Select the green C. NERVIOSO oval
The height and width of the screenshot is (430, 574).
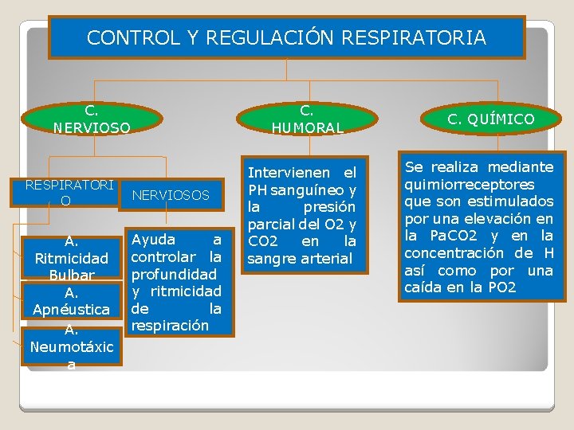pos(92,119)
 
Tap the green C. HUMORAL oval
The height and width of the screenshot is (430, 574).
pos(307,119)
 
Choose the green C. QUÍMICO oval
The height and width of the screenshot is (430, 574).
pos(491,119)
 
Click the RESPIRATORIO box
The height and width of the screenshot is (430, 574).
pos(69,193)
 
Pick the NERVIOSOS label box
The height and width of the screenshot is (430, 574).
pos(171,195)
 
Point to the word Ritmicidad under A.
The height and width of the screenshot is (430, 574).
pos(71,258)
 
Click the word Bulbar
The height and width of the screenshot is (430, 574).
pos(71,276)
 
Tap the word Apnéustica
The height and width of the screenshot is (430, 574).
pos(71,309)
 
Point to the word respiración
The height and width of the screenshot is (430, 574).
pos(169,326)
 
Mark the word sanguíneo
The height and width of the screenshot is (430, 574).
pos(309,190)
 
